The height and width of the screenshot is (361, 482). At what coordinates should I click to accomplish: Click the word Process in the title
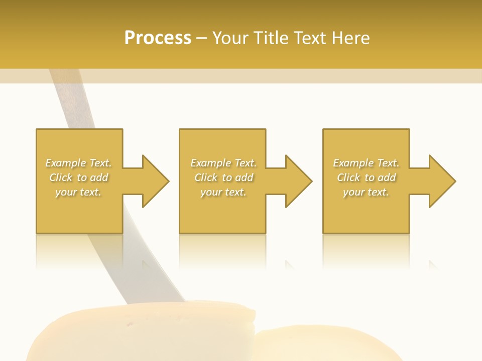tap(158, 38)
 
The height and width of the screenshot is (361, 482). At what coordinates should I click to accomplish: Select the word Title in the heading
tap(271, 38)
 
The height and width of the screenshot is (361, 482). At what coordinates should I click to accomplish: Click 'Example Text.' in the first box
tap(78, 163)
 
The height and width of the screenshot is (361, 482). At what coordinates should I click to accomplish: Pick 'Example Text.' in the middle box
tap(223, 163)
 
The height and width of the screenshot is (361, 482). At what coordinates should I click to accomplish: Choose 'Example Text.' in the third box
tap(366, 163)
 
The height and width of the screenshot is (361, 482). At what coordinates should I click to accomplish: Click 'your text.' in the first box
tap(78, 192)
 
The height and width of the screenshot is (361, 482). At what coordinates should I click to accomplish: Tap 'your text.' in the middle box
tap(223, 192)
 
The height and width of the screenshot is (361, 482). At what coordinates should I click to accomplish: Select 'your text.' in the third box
tap(366, 192)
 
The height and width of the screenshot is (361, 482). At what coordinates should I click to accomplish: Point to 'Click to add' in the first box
tap(78, 177)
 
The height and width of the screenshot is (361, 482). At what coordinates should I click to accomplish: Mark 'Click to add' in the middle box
tap(223, 177)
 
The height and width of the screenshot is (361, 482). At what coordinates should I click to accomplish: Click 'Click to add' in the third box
tap(366, 177)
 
